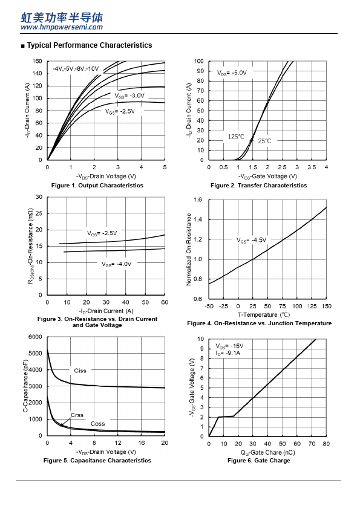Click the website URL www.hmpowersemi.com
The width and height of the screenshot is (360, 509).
pyautogui.click(x=62, y=27)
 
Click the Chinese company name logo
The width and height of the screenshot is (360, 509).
pyautogui.click(x=62, y=18)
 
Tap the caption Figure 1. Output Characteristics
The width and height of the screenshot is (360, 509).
pyautogui.click(x=97, y=186)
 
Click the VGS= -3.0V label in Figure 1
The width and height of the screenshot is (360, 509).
pyautogui.click(x=129, y=96)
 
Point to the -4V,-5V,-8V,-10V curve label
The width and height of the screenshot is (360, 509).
pyautogui.click(x=76, y=69)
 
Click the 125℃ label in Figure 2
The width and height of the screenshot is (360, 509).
pyautogui.click(x=236, y=137)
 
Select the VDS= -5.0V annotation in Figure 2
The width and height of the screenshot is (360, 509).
pyautogui.click(x=232, y=73)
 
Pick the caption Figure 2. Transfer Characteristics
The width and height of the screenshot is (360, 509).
pyautogui.click(x=258, y=186)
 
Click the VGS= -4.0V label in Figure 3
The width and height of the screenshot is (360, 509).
pyautogui.click(x=116, y=264)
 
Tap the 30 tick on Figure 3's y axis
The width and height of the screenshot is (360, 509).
pyautogui.click(x=39, y=196)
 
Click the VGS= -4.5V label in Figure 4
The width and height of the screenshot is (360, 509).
pyautogui.click(x=251, y=240)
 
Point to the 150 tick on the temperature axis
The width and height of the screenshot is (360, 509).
pyautogui.click(x=327, y=306)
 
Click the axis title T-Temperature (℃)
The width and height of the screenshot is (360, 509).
pyautogui.click(x=264, y=314)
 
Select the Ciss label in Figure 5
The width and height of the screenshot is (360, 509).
pyautogui.click(x=80, y=371)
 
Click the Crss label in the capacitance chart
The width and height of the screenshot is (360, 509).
pyautogui.click(x=77, y=415)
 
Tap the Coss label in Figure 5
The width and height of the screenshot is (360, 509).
pyautogui.click(x=98, y=424)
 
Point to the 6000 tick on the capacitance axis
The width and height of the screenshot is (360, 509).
pyautogui.click(x=36, y=337)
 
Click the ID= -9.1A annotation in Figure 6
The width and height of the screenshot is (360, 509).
pyautogui.click(x=227, y=353)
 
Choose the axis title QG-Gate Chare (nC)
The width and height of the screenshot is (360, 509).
pyautogui.click(x=267, y=453)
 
